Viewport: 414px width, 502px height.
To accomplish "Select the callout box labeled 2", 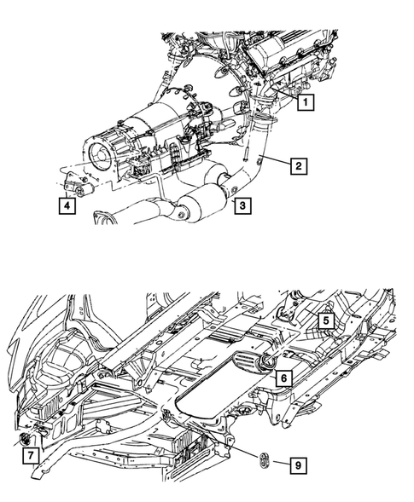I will pos(298,167).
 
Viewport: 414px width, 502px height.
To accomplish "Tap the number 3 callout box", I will pos(243,205).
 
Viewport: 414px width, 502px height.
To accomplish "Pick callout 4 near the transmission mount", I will pos(66,205).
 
